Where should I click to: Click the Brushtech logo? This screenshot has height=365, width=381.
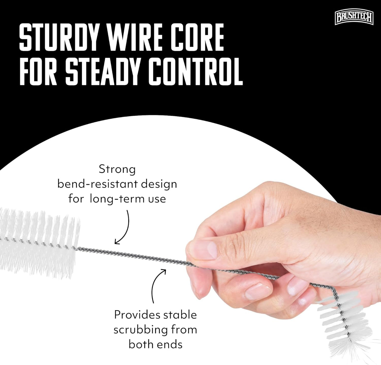[354, 18]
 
